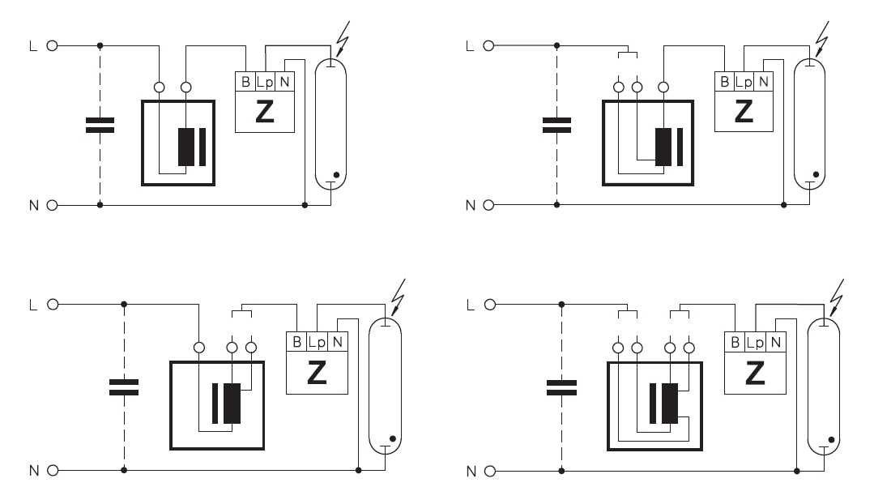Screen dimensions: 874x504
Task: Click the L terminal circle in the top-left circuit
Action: (52, 45)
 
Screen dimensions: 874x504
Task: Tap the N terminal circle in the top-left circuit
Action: (52, 205)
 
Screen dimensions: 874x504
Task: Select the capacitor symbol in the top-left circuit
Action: (100, 126)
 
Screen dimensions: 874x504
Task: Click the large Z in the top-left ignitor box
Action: (265, 111)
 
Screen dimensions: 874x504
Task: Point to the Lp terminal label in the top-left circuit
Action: (266, 82)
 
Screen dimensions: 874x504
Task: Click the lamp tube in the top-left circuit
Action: (331, 123)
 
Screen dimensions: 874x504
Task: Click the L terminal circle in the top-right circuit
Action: (488, 45)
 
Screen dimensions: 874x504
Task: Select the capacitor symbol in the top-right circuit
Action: (556, 126)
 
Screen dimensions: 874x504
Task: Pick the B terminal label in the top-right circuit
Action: (725, 81)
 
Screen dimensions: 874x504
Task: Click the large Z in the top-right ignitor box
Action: (744, 111)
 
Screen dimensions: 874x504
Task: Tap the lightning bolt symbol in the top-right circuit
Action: (821, 38)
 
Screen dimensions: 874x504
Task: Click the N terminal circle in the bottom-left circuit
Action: (53, 471)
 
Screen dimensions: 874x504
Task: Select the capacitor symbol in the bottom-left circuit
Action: (124, 387)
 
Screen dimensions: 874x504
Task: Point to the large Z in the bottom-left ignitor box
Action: (317, 373)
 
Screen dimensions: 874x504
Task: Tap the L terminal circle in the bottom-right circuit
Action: (490, 305)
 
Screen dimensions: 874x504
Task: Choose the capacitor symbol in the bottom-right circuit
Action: (562, 387)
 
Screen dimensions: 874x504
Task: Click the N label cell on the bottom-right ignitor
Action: (776, 342)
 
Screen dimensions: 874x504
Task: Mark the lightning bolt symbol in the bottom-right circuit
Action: (835, 299)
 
